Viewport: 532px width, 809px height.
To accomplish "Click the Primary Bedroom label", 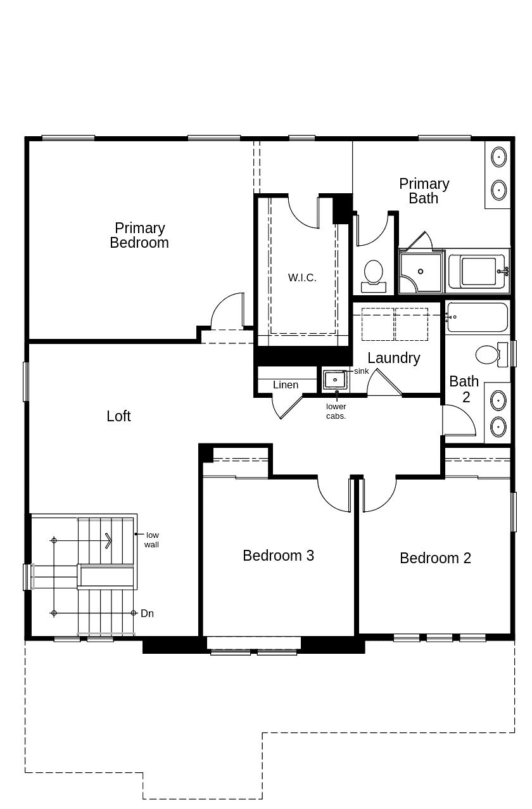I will (x=139, y=235).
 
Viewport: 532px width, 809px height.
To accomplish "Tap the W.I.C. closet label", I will (x=302, y=277).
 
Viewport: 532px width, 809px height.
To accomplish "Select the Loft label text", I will (x=118, y=416).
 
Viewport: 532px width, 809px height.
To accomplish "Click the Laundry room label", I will (x=393, y=358).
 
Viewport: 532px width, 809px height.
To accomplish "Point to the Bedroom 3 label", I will (x=278, y=556).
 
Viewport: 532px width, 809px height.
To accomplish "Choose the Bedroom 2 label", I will (x=435, y=558).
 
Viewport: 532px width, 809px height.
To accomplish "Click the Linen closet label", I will (x=286, y=385).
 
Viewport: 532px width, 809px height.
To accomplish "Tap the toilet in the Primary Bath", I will (x=374, y=274).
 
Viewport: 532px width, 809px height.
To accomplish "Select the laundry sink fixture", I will (x=334, y=380).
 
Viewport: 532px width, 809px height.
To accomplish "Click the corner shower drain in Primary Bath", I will (x=421, y=272).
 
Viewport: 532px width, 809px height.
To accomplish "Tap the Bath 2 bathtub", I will (x=478, y=317).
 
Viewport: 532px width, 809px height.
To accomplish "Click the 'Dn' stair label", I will (x=147, y=613).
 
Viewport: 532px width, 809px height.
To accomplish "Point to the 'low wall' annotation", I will (x=151, y=540).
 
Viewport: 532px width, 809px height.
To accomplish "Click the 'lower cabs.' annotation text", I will (x=336, y=411).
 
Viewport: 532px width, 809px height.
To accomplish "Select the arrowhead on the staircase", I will (x=109, y=540).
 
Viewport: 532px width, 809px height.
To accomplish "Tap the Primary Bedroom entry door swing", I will (x=227, y=311).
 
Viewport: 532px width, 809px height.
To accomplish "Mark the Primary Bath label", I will (x=424, y=191).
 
